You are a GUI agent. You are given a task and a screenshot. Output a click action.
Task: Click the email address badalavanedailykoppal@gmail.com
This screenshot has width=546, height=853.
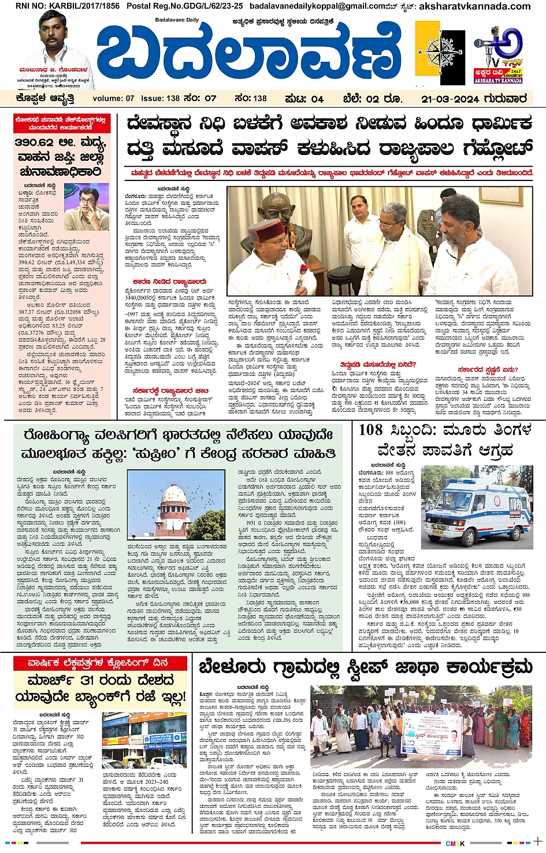[x=317, y=6]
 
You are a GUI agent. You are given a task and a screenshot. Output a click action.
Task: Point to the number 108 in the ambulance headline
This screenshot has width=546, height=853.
[x=370, y=430]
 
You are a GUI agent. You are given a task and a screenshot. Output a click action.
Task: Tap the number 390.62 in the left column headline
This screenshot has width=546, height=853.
[x=34, y=142]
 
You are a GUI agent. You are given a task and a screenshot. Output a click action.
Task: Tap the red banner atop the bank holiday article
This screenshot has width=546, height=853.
[x=98, y=663]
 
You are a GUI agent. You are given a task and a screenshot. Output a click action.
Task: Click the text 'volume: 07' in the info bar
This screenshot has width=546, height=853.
[x=113, y=99]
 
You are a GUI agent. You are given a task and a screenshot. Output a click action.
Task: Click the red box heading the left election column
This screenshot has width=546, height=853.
[x=61, y=123]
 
